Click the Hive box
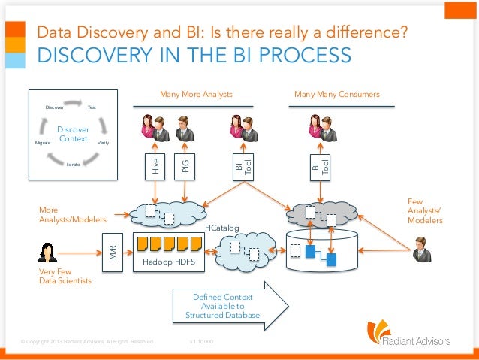tap(156, 166)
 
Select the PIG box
tap(185, 166)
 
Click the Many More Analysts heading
tap(196, 95)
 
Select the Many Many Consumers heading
tap(336, 95)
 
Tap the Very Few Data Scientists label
tap(65, 276)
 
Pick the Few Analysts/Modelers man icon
tap(421, 249)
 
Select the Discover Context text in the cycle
tap(74, 135)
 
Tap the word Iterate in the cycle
tap(73, 163)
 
